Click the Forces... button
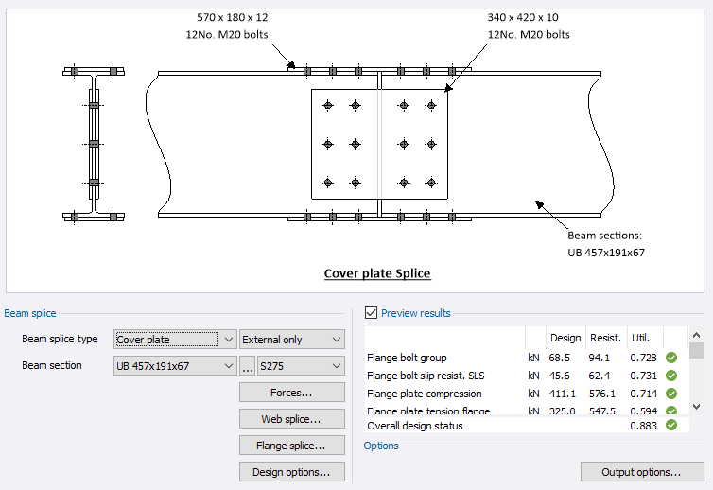[x=291, y=392]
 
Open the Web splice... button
[x=291, y=418]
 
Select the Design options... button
[x=291, y=471]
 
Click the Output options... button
[x=641, y=471]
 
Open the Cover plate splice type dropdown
[x=175, y=339]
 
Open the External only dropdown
[x=291, y=339]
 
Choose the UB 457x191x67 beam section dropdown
[x=175, y=365]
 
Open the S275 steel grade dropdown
[x=300, y=365]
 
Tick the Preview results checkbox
[x=371, y=313]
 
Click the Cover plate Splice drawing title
[x=377, y=274]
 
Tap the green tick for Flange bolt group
[x=671, y=358]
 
